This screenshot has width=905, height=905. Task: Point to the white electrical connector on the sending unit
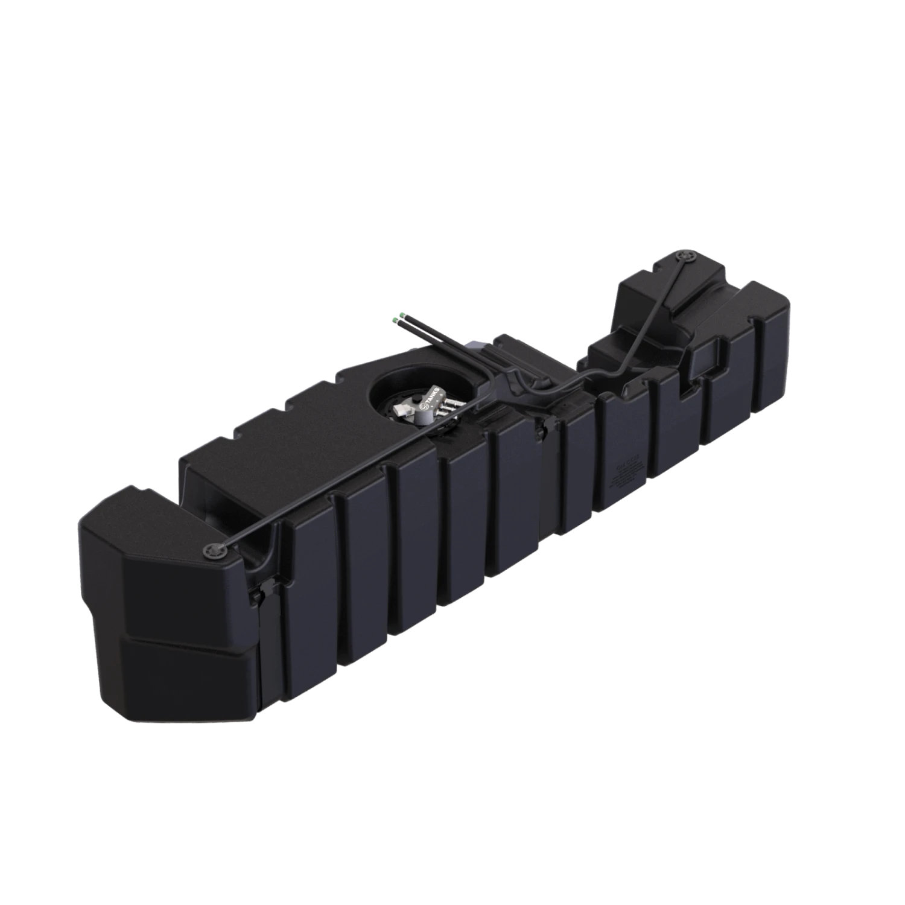(x=401, y=411)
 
